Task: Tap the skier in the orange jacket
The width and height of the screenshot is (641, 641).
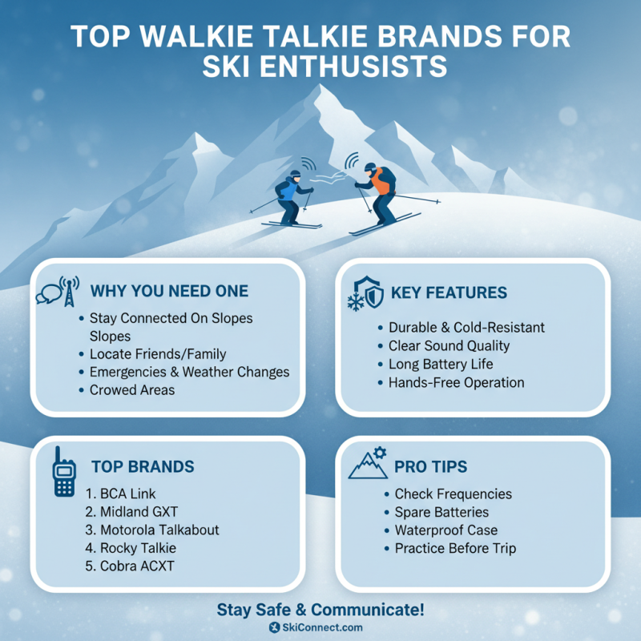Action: pos(379,192)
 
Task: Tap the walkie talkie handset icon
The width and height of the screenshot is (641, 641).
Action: pos(64,473)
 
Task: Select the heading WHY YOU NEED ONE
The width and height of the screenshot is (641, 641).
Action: pos(169,291)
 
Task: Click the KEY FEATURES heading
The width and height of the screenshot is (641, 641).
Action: pos(449,292)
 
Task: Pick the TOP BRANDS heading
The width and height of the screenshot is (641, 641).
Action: pos(143,466)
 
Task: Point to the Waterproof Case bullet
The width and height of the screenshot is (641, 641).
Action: pos(445,530)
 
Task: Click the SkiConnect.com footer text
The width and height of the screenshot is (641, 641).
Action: pos(320,627)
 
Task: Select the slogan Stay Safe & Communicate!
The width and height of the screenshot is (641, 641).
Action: pos(320,610)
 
